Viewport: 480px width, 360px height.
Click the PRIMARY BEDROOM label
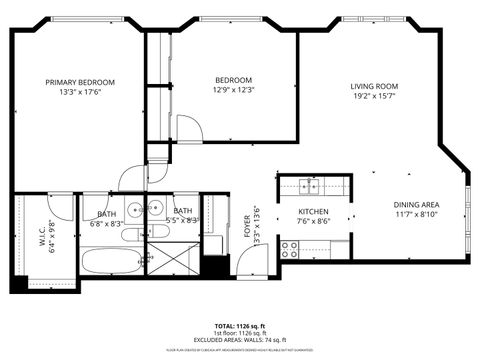(80, 82)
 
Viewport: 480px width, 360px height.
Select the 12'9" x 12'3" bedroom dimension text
(233, 91)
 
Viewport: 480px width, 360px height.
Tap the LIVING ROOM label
(374, 86)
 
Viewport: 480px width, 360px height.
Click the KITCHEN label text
(314, 212)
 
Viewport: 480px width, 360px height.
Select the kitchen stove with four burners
(290, 250)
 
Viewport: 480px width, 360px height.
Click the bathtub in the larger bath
(110, 265)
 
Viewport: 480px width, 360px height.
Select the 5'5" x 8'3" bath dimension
(185, 220)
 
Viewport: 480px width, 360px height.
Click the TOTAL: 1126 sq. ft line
(240, 326)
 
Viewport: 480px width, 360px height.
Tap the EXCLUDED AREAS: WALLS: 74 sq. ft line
(240, 340)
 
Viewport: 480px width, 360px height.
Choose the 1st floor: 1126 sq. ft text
(240, 333)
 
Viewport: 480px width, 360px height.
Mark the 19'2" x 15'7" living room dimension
(374, 97)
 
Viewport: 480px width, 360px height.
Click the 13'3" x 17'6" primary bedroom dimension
(80, 93)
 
